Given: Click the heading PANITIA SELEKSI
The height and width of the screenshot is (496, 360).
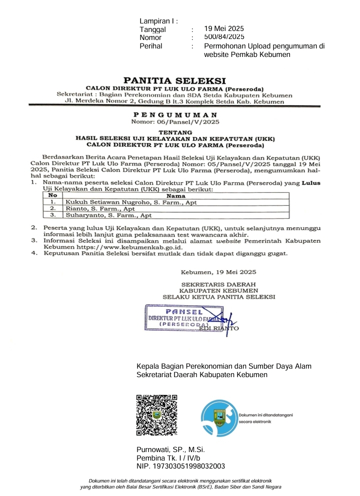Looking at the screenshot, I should pyautogui.click(x=174, y=80).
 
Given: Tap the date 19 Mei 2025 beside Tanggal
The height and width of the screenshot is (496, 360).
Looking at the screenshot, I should pyautogui.click(x=224, y=29).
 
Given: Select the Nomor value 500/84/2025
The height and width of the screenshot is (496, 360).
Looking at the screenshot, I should pyautogui.click(x=224, y=37).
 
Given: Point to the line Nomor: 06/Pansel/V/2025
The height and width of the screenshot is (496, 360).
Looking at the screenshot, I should pyautogui.click(x=174, y=121).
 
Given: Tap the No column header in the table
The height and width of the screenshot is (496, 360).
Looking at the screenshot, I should pyautogui.click(x=52, y=196).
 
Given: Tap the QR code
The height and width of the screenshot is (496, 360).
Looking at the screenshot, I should pyautogui.click(x=157, y=415).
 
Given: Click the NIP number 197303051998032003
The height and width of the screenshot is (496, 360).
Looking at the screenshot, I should pyautogui.click(x=180, y=467).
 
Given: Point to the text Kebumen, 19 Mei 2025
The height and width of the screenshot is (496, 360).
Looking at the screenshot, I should pyautogui.click(x=218, y=272).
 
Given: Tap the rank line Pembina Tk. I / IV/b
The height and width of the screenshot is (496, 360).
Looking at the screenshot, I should pyautogui.click(x=168, y=458).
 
